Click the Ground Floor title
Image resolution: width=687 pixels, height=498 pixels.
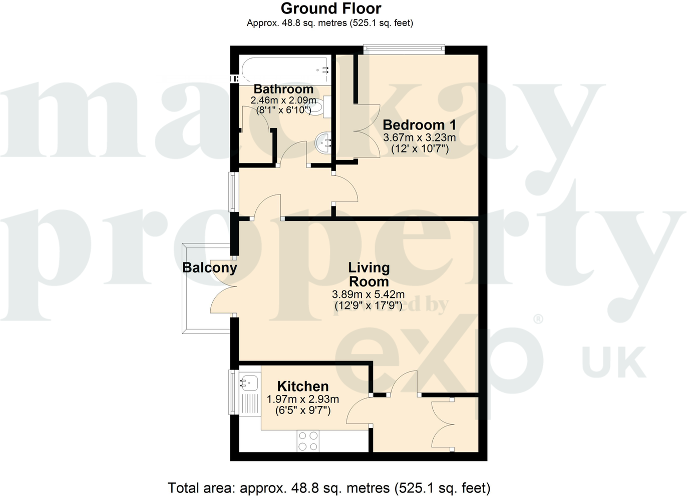(x=330, y=8)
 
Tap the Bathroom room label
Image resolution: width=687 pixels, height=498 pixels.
(x=283, y=89)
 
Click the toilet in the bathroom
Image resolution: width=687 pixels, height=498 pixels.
(x=320, y=107)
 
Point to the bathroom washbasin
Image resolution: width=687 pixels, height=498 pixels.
(x=323, y=142)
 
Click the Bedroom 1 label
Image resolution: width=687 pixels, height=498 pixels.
(x=419, y=124)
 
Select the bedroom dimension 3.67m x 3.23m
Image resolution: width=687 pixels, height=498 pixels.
(x=419, y=137)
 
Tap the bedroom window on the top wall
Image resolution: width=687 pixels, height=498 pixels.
(x=404, y=48)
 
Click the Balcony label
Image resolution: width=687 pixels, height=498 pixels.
(x=209, y=267)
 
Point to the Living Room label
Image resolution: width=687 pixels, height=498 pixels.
(x=369, y=274)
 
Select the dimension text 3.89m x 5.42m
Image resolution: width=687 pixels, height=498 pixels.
(x=368, y=294)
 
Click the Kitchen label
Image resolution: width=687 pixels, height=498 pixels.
(x=302, y=386)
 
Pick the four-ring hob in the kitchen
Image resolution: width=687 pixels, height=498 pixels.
(x=308, y=441)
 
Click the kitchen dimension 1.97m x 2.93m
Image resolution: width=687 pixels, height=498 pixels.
(x=302, y=399)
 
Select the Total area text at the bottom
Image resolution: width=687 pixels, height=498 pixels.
(x=328, y=487)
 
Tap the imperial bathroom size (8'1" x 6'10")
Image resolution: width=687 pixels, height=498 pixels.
(x=283, y=110)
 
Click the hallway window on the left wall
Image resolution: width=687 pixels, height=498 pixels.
(x=233, y=191)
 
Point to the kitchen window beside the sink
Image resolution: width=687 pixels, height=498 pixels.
(x=233, y=391)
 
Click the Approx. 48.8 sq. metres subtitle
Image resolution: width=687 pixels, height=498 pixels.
(x=329, y=23)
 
